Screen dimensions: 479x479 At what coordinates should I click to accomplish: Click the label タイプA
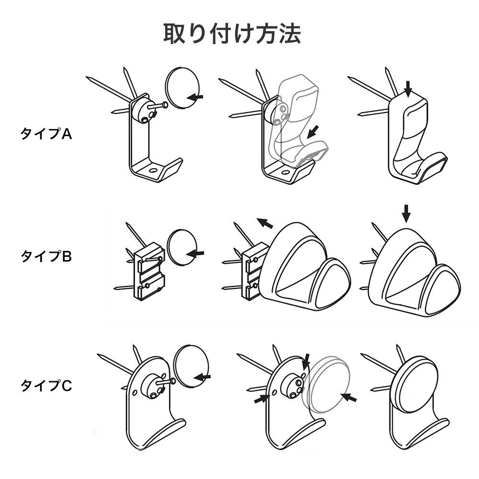[46, 134]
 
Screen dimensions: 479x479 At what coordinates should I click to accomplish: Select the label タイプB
[46, 256]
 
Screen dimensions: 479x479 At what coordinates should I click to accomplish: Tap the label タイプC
[46, 386]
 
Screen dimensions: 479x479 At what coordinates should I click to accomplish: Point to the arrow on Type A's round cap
[194, 97]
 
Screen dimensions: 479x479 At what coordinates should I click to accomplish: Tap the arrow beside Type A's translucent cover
[313, 130]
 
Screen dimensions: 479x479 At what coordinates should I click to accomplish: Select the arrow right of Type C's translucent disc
[349, 398]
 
